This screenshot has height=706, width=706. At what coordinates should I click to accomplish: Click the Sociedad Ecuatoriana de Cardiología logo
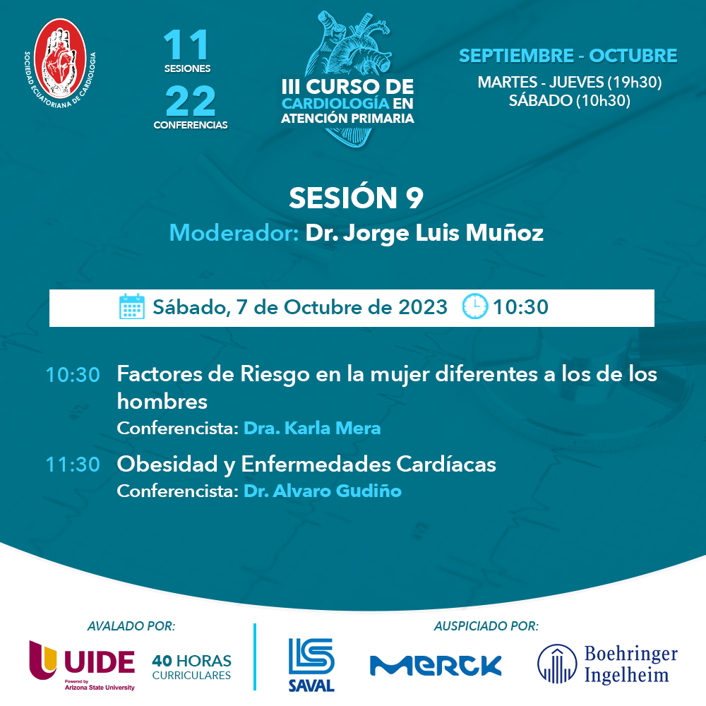click(61, 60)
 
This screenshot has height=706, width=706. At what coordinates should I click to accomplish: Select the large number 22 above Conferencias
click(191, 102)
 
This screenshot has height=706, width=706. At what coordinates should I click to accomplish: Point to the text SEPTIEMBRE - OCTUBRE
click(568, 56)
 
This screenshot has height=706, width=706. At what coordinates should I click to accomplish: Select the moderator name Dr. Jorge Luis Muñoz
click(424, 233)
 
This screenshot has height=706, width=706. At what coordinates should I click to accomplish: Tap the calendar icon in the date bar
click(132, 307)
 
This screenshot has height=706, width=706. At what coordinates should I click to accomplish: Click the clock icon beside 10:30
click(474, 307)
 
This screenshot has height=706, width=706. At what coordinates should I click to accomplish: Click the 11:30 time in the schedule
click(72, 465)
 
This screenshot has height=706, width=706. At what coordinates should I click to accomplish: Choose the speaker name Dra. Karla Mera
click(312, 428)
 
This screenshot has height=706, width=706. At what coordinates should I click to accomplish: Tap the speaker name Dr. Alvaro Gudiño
click(322, 491)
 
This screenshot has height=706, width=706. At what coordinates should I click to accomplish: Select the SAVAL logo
click(311, 664)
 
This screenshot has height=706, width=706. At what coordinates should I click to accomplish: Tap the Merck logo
click(436, 664)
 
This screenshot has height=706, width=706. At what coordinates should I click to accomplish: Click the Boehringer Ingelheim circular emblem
click(556, 664)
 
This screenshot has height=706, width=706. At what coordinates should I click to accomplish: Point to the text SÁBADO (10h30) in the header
click(569, 100)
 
